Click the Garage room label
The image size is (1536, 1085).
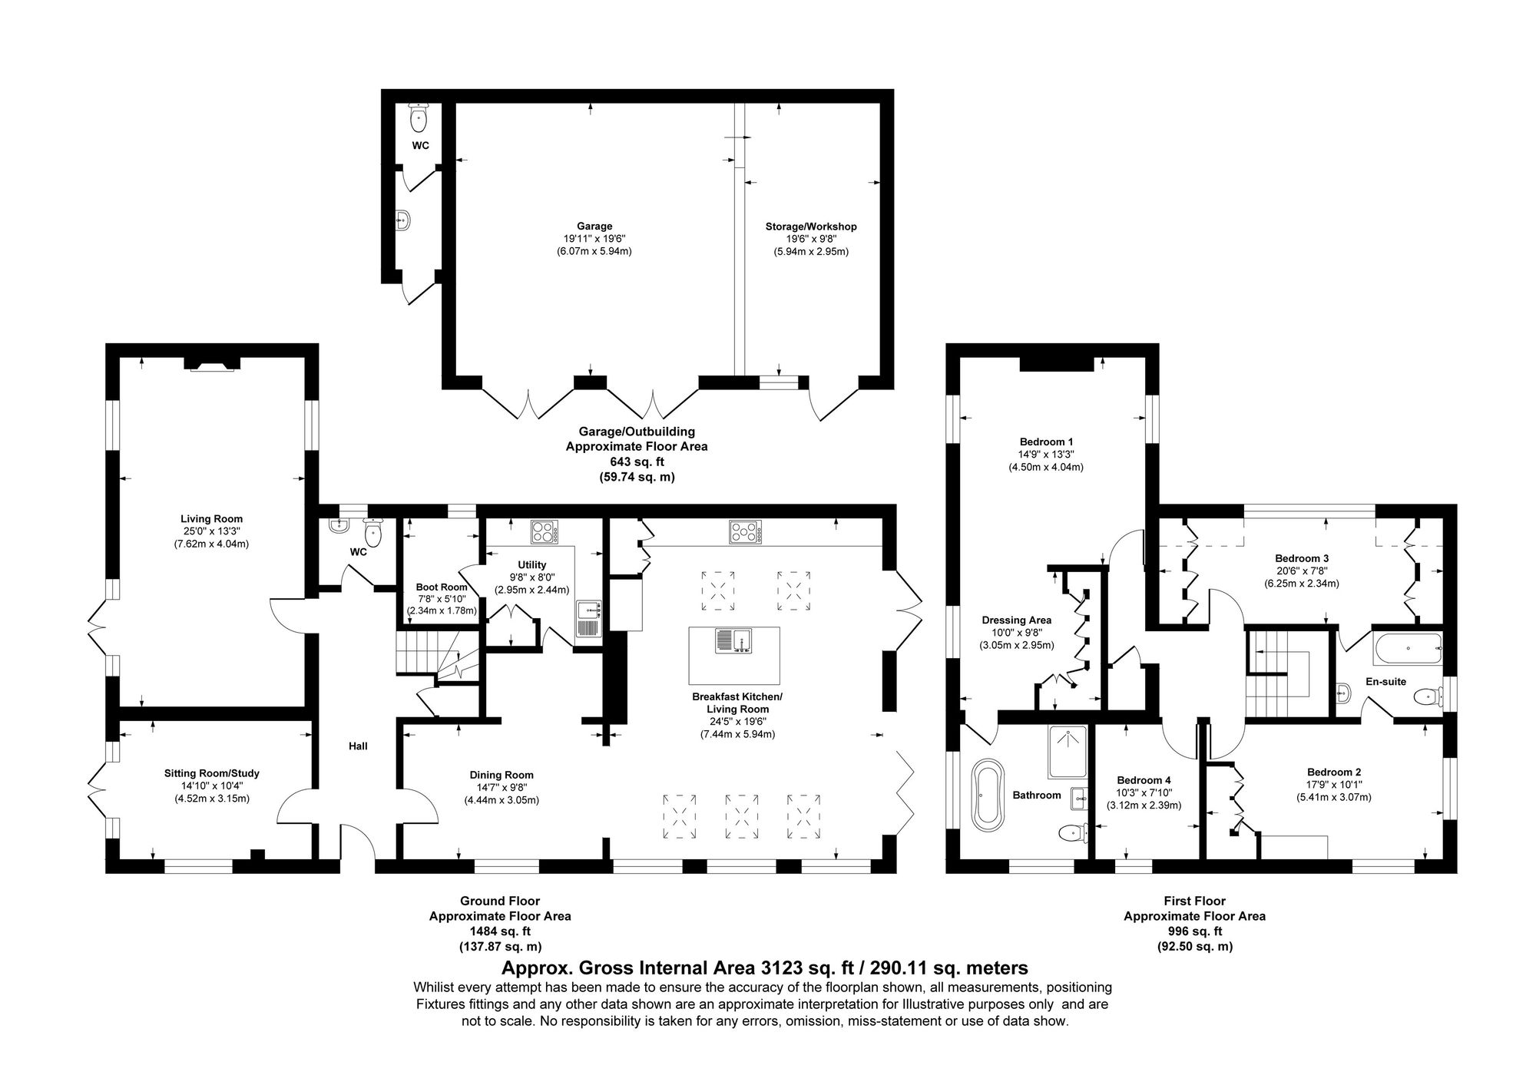coord(594,227)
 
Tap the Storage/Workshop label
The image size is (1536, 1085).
coord(811,227)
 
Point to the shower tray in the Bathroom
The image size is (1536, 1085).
coord(1068,752)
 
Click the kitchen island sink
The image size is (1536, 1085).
coord(735,640)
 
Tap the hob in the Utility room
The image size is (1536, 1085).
coord(545,531)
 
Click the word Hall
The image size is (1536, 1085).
coord(358,746)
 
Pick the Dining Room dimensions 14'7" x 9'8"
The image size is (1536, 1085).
coord(502,787)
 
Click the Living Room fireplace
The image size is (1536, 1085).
coord(212,364)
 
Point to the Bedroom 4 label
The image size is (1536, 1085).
coord(1144,781)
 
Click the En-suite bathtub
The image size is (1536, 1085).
coord(1408,649)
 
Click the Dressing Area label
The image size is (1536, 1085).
coord(1016,620)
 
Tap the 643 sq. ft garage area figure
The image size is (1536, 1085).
coord(637,461)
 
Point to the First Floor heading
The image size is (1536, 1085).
coord(1194,901)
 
